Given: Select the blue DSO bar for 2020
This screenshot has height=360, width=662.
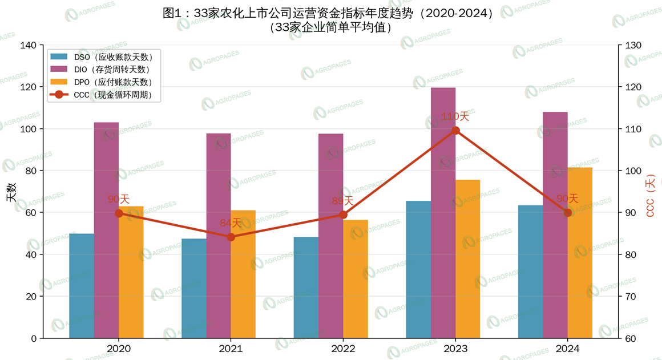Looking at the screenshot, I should pyautogui.click(x=82, y=285).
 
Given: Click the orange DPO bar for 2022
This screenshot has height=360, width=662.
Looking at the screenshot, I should pyautogui.click(x=356, y=279).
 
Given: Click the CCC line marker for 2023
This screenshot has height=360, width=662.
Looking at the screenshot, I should pyautogui.click(x=455, y=131).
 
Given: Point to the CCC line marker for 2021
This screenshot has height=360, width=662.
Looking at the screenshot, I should pyautogui.click(x=231, y=237).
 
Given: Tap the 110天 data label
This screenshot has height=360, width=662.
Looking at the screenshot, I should pyautogui.click(x=455, y=116).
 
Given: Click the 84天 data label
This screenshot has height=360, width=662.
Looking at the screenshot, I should pyautogui.click(x=231, y=223).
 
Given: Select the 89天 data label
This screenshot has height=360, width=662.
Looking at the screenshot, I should pyautogui.click(x=343, y=201).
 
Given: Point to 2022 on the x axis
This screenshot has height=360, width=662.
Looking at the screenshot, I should pyautogui.click(x=343, y=349).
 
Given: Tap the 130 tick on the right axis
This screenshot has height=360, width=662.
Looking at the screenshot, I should pyautogui.click(x=634, y=45).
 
